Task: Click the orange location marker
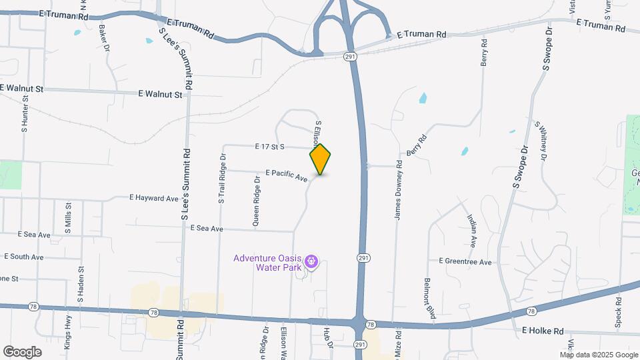tap(320, 159)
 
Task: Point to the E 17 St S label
tap(269, 146)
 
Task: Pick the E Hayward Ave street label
tap(154, 198)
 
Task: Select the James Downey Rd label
tap(398, 190)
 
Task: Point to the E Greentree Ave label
tap(465, 262)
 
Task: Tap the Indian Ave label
tap(472, 231)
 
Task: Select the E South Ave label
tap(23, 257)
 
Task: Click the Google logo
tap(22, 352)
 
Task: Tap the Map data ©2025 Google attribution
tap(599, 355)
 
